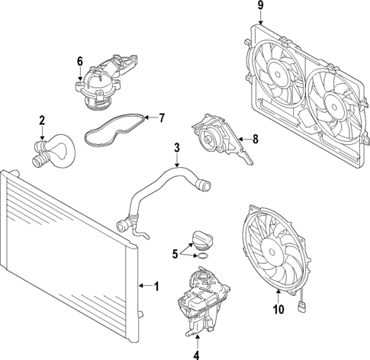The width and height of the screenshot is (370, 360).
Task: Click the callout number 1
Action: tap(156, 286)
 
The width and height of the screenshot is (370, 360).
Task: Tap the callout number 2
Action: tap(42, 121)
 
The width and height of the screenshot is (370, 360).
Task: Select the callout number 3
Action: tap(177, 148)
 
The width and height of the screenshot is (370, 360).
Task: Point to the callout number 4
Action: tap(197, 355)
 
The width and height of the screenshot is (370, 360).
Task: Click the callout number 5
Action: tap(175, 254)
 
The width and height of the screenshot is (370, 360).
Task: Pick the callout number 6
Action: tap(80, 61)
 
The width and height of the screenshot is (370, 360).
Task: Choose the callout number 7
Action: tap(162, 118)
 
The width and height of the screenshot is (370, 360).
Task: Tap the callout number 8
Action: tap(256, 139)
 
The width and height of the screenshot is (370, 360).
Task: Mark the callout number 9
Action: tap(260, 5)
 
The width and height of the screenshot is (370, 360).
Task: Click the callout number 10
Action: tap(278, 309)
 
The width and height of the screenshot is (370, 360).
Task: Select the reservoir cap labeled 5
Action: tap(201, 238)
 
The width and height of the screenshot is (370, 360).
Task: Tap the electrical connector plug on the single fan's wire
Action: tap(301, 307)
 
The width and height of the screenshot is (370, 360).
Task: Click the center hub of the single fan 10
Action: tap(272, 252)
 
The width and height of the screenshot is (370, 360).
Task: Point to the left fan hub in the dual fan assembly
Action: tap(278, 75)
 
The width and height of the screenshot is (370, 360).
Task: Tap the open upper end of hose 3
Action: tap(206, 185)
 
